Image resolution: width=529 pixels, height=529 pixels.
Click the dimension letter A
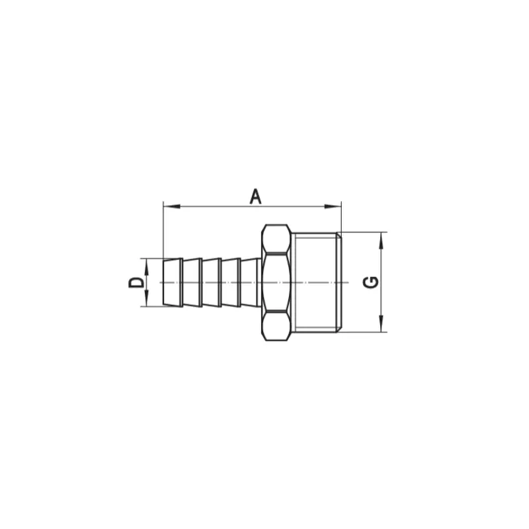256,196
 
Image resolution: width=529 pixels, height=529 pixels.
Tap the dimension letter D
136,282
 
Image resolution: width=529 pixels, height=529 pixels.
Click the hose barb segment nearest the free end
173,282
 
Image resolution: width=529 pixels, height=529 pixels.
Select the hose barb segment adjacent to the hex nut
250,282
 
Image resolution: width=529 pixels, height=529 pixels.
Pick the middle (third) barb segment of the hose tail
212,282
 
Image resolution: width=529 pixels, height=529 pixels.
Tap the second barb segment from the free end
192,282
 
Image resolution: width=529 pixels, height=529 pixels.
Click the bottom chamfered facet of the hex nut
276,326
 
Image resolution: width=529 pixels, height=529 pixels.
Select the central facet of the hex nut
276,282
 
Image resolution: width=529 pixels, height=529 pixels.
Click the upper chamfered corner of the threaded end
339,235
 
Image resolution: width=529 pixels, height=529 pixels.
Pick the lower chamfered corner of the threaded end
339,329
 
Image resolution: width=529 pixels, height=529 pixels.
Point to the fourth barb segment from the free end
231,282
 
